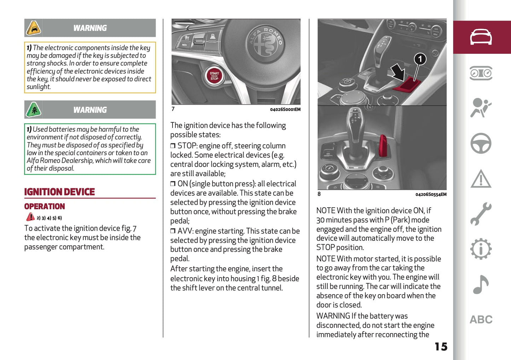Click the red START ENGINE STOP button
pyautogui.click(x=214, y=76)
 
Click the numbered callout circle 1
pyautogui.click(x=420, y=59)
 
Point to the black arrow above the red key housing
pyautogui.click(x=398, y=72)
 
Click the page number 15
pyautogui.click(x=441, y=347)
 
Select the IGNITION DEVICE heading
pyautogui.click(x=59, y=192)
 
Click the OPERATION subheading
pyautogui.click(x=45, y=207)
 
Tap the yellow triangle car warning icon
pyautogui.click(x=34, y=28)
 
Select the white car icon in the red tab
pyautogui.click(x=481, y=37)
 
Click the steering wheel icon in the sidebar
pyautogui.click(x=481, y=143)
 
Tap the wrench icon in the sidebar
pyautogui.click(x=481, y=214)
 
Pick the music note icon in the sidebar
pyautogui.click(x=481, y=285)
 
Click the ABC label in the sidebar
pyautogui.click(x=481, y=320)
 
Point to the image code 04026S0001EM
pyautogui.click(x=285, y=110)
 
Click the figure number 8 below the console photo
pyautogui.click(x=319, y=194)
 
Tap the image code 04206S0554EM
pyautogui.click(x=431, y=194)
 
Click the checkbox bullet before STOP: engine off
pyautogui.click(x=173, y=146)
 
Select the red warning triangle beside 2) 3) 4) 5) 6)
pyautogui.click(x=30, y=217)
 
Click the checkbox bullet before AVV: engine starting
pyautogui.click(x=173, y=231)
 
